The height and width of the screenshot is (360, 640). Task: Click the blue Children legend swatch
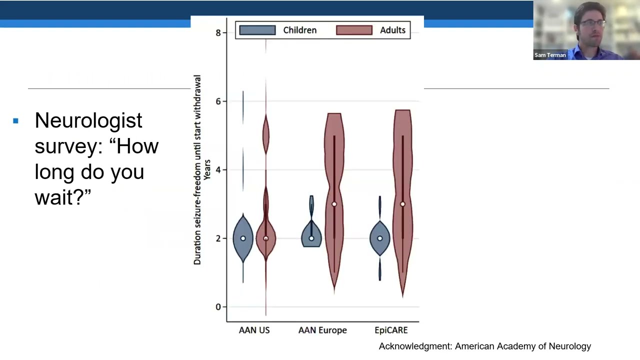(x=257, y=30)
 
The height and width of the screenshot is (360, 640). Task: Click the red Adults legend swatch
(x=354, y=30)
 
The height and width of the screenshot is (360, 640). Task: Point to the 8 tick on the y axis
(x=218, y=33)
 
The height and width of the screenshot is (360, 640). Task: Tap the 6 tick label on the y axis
(x=218, y=101)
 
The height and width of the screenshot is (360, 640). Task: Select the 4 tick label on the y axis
(x=218, y=170)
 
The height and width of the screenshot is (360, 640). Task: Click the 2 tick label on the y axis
(x=218, y=238)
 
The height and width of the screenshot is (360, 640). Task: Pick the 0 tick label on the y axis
(x=218, y=307)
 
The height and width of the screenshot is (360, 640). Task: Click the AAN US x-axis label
(x=254, y=330)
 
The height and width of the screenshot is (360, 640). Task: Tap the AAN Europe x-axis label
(x=322, y=330)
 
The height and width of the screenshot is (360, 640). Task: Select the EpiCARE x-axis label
(x=391, y=330)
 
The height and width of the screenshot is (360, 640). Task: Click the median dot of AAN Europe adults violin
(x=334, y=204)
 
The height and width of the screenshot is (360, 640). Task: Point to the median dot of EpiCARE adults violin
(x=402, y=204)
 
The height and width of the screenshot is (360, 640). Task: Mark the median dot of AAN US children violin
(x=243, y=238)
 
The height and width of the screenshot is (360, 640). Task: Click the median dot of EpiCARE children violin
(x=380, y=238)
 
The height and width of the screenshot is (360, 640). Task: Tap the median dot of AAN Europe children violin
(x=311, y=238)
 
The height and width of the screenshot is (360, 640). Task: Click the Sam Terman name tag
(x=550, y=55)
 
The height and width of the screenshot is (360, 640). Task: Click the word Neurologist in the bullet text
(x=88, y=120)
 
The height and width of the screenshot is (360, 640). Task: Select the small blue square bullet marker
(x=16, y=121)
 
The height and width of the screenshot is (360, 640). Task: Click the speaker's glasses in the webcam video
(x=593, y=23)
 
